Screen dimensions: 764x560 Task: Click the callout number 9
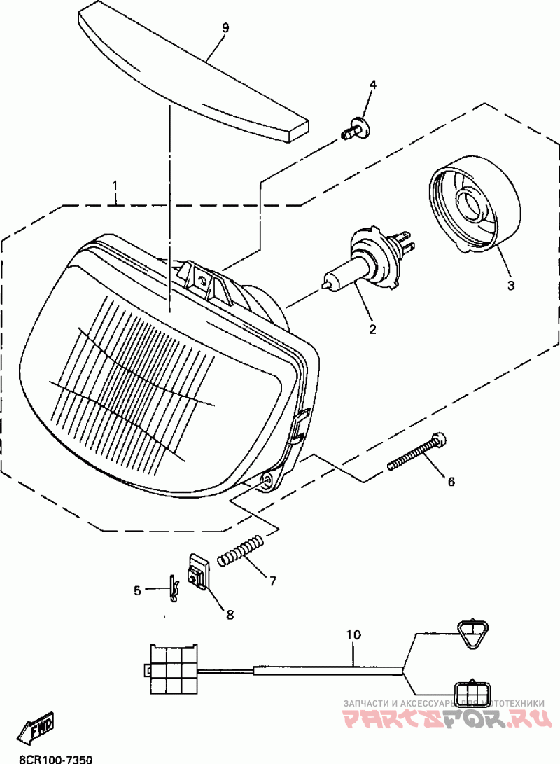pyautogui.click(x=225, y=28)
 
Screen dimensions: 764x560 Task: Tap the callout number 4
pyautogui.click(x=373, y=85)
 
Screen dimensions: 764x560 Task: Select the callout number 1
pyautogui.click(x=116, y=187)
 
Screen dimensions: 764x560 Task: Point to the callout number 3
pyautogui.click(x=510, y=285)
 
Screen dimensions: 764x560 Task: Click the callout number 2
pyautogui.click(x=372, y=328)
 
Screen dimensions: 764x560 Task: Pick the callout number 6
pyautogui.click(x=451, y=481)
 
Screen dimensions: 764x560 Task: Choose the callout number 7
pyautogui.click(x=272, y=581)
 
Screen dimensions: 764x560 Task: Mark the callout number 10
pyautogui.click(x=353, y=635)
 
